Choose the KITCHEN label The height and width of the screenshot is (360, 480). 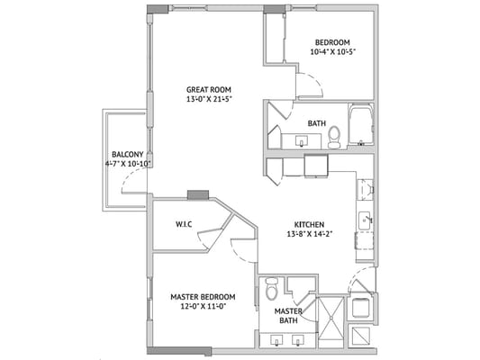[309, 224]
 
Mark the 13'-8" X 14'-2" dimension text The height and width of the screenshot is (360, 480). [309, 234]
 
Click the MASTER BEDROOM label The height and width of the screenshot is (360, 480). [203, 297]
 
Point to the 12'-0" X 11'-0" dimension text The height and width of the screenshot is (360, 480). [203, 307]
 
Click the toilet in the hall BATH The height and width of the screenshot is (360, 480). [334, 136]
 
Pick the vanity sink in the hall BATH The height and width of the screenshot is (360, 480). [301, 140]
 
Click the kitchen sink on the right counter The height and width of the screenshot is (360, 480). [365, 219]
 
